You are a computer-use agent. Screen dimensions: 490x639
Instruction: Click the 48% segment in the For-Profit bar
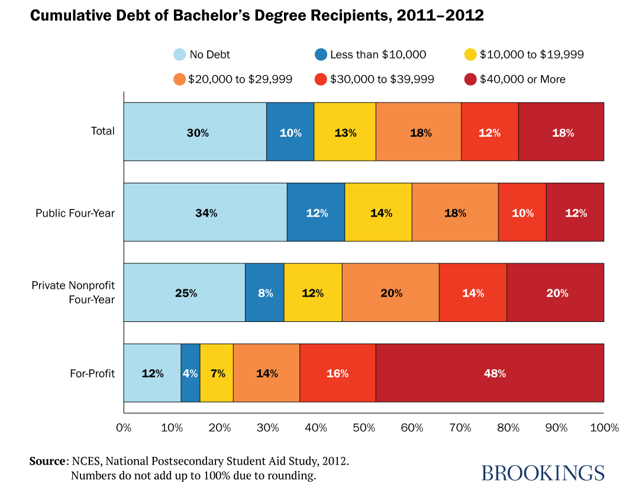(489, 373)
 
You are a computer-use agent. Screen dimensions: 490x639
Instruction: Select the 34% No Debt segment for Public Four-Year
(205, 212)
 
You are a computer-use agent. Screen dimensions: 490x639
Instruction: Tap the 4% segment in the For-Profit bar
(190, 373)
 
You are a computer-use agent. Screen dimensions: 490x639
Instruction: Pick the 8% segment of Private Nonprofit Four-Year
(264, 292)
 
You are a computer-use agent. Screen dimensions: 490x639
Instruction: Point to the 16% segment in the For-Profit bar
(337, 373)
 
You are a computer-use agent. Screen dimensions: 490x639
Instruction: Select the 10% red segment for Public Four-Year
(522, 212)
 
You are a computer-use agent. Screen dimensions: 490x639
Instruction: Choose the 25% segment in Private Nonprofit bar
(184, 292)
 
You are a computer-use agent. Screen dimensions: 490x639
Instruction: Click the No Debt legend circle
(179, 54)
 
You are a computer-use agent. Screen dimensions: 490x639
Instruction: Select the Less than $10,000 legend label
(377, 54)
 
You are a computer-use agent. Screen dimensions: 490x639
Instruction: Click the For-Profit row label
(92, 373)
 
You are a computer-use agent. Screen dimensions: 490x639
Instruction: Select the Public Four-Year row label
(75, 212)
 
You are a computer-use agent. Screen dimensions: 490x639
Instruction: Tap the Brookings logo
(543, 472)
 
